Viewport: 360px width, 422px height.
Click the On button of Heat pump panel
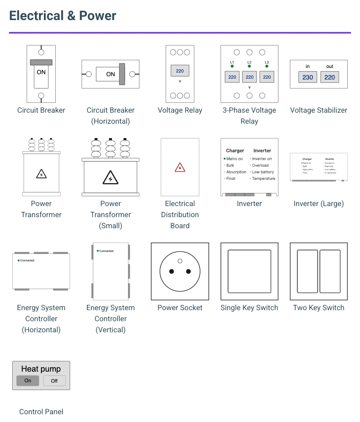(27, 381)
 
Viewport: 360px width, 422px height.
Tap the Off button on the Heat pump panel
(54, 381)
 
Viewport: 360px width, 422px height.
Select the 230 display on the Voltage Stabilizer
(308, 77)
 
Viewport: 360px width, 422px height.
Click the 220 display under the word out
(330, 77)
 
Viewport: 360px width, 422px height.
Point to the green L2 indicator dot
(249, 66)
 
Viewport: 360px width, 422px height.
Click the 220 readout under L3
(267, 77)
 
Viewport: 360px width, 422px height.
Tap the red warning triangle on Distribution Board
(180, 167)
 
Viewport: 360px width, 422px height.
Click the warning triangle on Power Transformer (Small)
(110, 178)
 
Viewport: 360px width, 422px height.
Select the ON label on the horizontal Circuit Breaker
(110, 74)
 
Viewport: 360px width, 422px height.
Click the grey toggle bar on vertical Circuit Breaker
(41, 62)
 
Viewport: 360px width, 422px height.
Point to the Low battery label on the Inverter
(263, 172)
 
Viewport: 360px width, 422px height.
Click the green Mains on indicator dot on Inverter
(225, 159)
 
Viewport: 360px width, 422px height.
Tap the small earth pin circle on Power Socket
(180, 261)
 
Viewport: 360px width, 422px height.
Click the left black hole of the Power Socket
(172, 271)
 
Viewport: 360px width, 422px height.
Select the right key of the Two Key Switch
(330, 271)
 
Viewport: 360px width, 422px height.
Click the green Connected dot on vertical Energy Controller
(98, 251)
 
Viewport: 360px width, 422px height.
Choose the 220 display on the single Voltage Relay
(180, 71)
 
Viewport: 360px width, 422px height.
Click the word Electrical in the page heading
(36, 16)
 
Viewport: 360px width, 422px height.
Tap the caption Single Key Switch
(249, 308)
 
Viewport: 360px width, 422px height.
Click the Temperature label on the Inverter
(264, 179)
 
